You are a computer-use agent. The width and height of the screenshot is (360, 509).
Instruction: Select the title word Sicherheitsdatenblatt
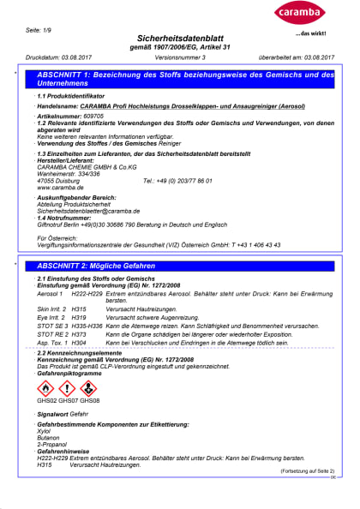pyautogui.click(x=180, y=39)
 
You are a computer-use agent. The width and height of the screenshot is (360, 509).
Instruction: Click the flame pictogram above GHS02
pyautogui.click(x=45, y=388)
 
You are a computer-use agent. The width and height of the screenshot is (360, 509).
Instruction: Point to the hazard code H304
pyautogui.click(x=80, y=341)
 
